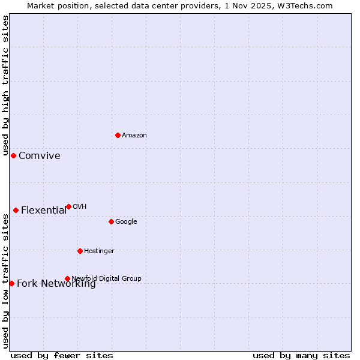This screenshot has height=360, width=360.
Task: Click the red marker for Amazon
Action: tap(118, 135)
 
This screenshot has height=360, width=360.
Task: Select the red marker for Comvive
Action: tap(13, 155)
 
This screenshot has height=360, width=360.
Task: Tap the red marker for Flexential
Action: tap(16, 210)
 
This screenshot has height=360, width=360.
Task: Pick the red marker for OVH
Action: tap(68, 206)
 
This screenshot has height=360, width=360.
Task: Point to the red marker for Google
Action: tap(111, 221)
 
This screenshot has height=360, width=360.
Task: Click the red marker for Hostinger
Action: tap(80, 251)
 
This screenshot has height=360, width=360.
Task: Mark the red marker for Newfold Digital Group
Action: tap(67, 278)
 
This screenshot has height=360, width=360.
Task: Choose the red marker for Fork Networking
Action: tap(11, 283)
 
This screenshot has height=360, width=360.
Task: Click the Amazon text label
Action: tap(134, 136)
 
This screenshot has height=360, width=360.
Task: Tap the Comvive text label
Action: tap(40, 156)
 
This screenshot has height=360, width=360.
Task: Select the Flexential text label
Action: tap(44, 211)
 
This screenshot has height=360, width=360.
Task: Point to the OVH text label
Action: tap(80, 207)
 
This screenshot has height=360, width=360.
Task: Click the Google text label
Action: tap(126, 222)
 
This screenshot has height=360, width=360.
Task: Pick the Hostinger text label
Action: tap(99, 251)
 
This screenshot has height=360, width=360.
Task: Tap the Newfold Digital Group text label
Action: tap(106, 278)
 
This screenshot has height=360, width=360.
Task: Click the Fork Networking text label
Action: tap(56, 284)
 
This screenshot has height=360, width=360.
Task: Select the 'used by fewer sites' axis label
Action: tap(62, 355)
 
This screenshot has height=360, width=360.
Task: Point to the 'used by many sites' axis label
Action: tap(301, 355)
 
